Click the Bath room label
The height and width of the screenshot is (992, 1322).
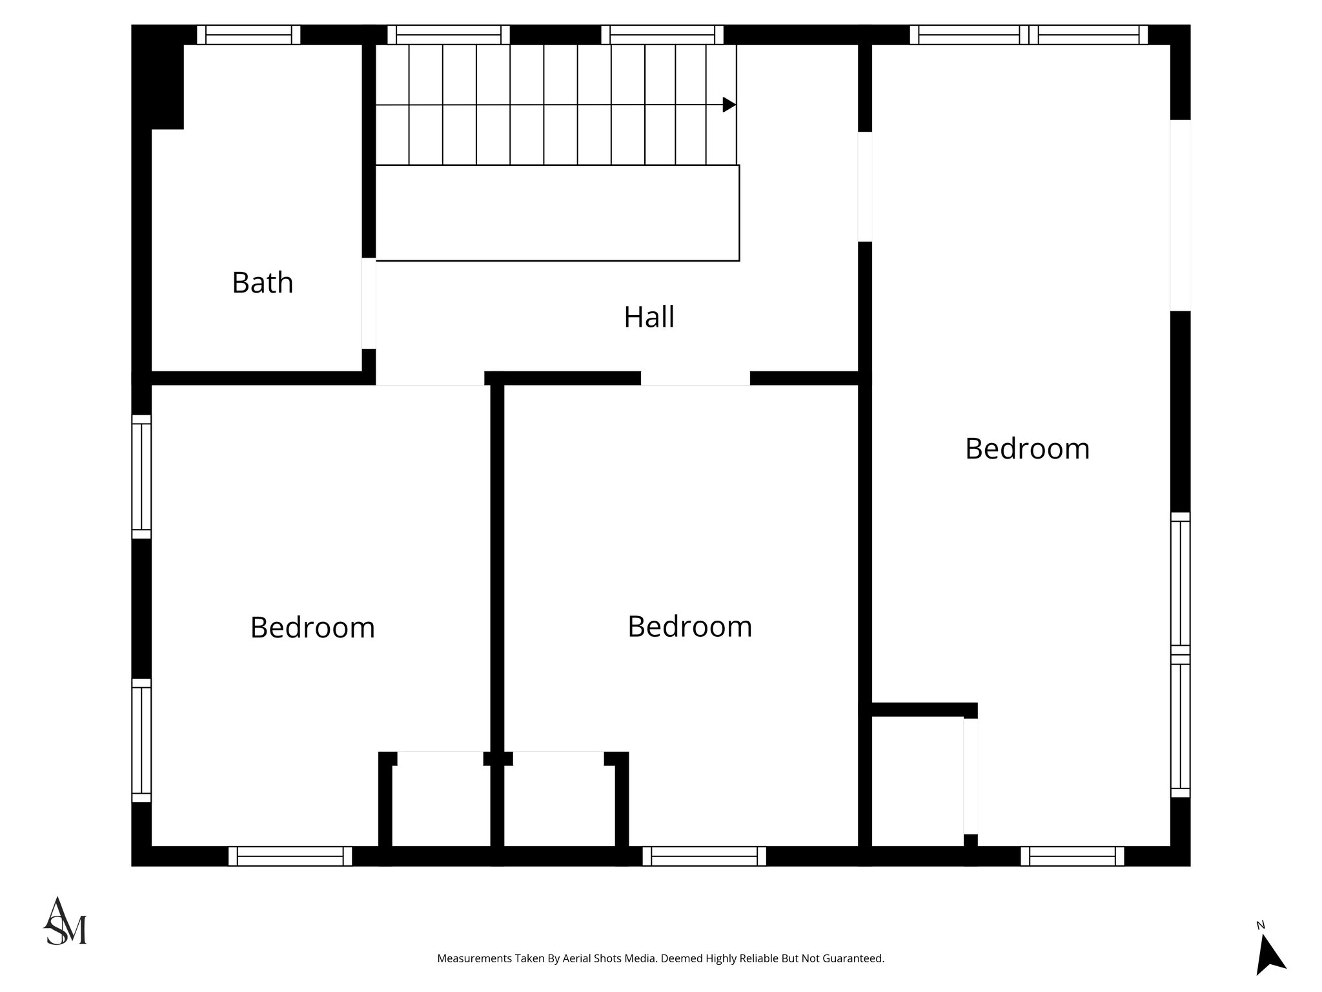[x=262, y=283]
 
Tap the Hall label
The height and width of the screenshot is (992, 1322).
[x=649, y=317]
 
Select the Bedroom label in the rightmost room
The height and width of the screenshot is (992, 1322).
[x=1026, y=449]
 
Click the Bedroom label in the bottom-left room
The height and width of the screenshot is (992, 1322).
[x=312, y=628]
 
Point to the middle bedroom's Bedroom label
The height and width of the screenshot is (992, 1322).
[x=689, y=626]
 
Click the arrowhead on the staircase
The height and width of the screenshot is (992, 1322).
[x=729, y=105]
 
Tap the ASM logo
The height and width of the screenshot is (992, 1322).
[x=65, y=922]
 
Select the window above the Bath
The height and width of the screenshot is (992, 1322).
[x=249, y=35]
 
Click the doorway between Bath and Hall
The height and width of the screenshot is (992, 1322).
[x=369, y=304]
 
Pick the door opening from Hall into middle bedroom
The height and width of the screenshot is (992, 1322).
[x=695, y=378]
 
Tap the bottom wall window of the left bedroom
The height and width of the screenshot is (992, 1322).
[x=290, y=856]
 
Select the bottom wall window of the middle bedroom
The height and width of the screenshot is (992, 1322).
[x=704, y=856]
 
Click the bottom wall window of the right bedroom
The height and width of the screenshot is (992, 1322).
[x=1072, y=856]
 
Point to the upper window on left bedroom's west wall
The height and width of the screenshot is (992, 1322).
[x=141, y=477]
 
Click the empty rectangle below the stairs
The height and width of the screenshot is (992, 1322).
[x=557, y=213]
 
